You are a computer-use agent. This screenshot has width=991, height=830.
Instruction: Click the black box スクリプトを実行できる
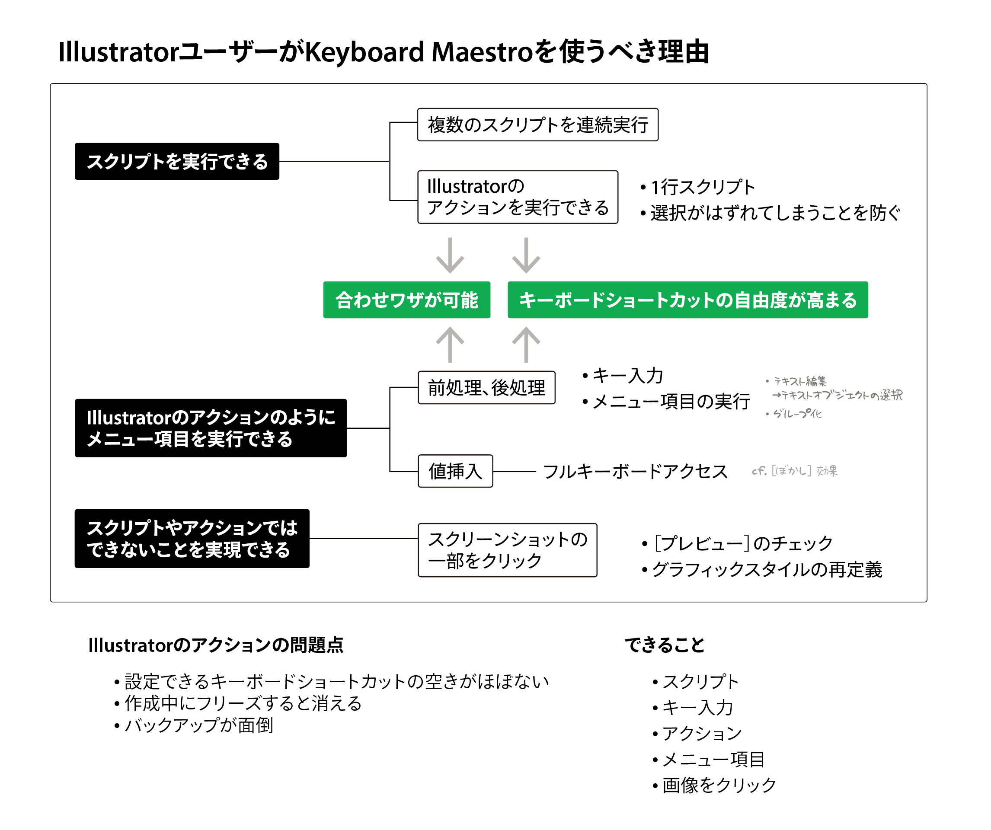pos(177,161)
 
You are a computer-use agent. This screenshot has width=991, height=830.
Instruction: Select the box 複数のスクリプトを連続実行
pos(537,124)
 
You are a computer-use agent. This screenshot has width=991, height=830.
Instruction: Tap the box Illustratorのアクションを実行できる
pos(518,197)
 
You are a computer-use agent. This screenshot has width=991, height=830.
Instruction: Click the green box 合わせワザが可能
pos(406,300)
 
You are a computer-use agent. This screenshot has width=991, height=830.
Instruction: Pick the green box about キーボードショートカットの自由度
pos(687,300)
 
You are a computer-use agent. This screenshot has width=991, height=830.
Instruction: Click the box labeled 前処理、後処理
pos(486,387)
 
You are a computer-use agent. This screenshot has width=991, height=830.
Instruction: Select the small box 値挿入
pos(455,471)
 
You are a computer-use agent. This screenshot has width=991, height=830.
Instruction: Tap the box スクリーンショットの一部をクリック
pos(507,550)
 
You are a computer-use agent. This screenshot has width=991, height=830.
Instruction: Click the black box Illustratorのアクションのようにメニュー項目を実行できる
pos(211,428)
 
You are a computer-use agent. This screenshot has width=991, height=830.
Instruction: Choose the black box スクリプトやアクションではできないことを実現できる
pos(192,538)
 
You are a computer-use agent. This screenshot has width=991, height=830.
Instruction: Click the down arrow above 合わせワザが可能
pos(450,255)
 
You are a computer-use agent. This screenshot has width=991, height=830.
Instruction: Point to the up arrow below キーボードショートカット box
pos(526,345)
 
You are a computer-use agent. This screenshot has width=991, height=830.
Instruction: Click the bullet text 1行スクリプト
pos(703,187)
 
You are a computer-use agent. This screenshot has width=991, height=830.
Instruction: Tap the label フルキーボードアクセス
pos(635,471)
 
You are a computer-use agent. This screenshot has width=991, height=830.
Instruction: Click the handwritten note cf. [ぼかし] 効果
pos(795,470)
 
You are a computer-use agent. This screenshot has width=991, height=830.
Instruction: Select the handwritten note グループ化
pos(798,413)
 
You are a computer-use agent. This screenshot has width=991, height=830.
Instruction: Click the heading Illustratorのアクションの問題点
pos(216,645)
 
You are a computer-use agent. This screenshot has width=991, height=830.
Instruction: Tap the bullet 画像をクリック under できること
pos(719,785)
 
